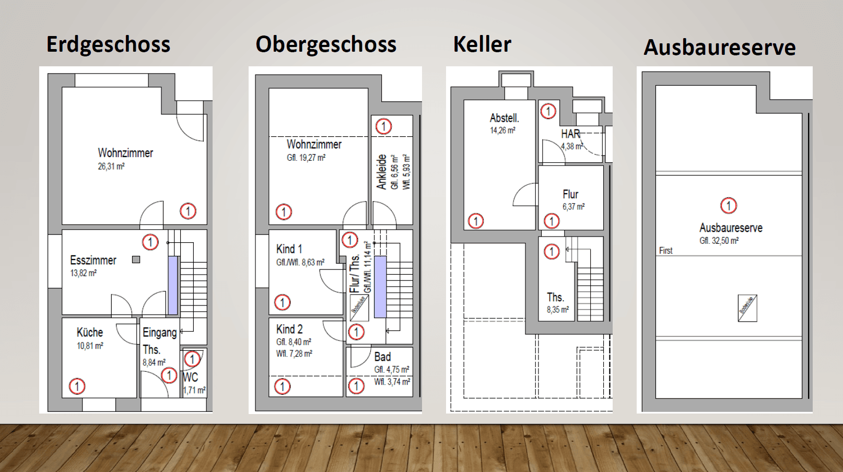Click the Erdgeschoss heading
click(108, 44)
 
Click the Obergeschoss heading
click(326, 44)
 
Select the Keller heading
click(482, 44)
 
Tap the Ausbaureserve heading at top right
click(719, 48)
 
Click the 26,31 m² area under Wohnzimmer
click(111, 167)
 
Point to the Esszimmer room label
click(93, 260)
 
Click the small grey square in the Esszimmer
click(136, 259)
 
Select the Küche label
click(89, 333)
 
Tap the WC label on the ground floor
click(190, 377)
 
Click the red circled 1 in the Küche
click(77, 386)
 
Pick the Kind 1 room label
click(289, 249)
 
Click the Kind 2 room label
click(289, 329)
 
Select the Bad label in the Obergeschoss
click(382, 357)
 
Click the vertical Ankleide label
click(382, 172)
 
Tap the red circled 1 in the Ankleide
click(383, 126)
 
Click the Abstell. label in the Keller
click(504, 118)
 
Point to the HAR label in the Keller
click(570, 134)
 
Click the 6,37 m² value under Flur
click(573, 207)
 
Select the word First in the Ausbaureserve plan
click(665, 251)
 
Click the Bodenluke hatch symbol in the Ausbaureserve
click(747, 308)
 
